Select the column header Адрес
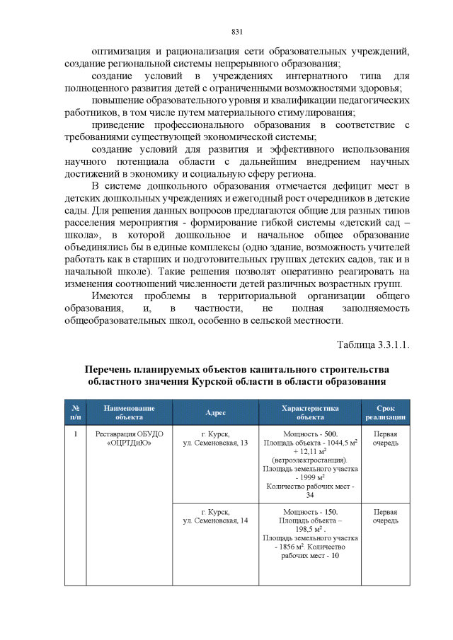coord(215,412)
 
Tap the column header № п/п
coord(75,412)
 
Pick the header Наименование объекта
coord(130,412)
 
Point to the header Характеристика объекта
coord(310,412)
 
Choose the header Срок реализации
coord(385,412)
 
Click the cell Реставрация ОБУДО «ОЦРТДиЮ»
coord(130,438)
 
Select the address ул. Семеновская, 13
coord(215,443)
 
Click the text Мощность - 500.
coord(310,434)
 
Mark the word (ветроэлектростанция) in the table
coord(310,460)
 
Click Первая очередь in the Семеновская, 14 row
coord(385,516)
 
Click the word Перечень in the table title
coord(113,369)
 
